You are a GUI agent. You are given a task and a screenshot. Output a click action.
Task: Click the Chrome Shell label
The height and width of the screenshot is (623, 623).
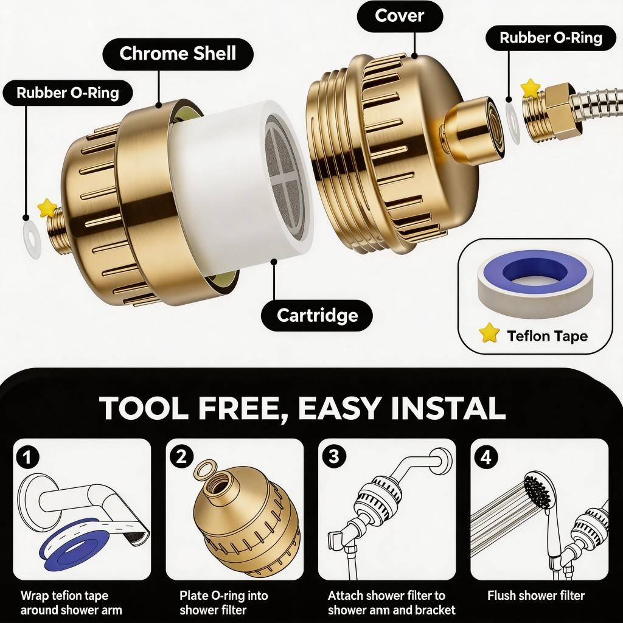point(178,54)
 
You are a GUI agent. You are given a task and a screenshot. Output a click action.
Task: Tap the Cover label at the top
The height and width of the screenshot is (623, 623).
point(399,16)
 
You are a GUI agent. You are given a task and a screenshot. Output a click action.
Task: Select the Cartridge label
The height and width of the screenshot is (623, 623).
point(317,316)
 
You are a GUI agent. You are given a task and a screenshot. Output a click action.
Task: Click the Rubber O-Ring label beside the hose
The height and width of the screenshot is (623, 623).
point(551,38)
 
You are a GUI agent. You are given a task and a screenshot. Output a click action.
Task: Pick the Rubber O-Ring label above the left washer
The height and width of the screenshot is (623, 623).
point(68,92)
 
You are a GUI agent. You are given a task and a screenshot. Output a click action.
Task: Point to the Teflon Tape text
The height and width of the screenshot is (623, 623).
point(547,336)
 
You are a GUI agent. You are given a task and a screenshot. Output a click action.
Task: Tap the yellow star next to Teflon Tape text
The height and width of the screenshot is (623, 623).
point(489,333)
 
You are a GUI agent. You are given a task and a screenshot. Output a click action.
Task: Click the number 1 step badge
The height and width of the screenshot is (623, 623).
point(27,458)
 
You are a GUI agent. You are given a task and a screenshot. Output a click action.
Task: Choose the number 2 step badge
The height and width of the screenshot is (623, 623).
point(181,457)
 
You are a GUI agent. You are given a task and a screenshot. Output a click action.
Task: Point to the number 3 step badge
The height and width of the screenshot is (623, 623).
point(334,456)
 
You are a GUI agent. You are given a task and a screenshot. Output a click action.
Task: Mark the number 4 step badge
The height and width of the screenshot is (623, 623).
point(486,458)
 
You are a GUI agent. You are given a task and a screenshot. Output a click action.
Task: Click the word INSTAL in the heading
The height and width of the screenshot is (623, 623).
point(448,408)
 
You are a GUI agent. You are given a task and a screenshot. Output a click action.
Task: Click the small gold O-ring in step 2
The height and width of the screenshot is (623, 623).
point(206,469)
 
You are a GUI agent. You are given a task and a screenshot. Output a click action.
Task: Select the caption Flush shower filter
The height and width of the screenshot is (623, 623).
point(536,596)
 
